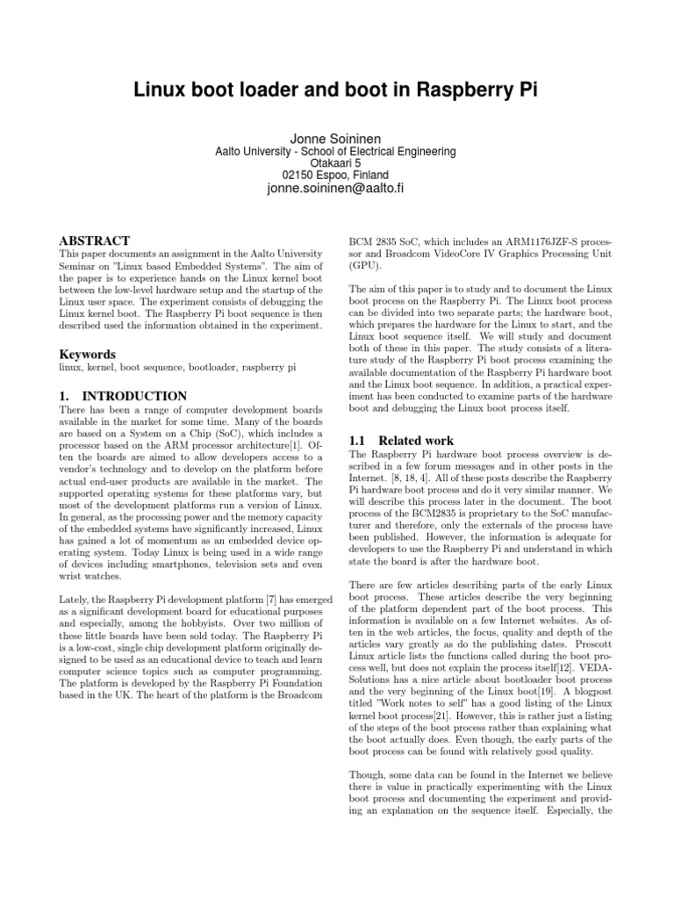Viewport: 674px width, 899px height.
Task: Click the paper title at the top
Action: [336, 92]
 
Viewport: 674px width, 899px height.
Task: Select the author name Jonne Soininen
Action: [336, 138]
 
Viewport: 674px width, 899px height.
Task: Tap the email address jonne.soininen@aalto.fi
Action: [336, 189]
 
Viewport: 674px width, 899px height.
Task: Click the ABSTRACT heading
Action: [94, 241]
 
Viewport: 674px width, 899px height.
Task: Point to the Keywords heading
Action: [86, 355]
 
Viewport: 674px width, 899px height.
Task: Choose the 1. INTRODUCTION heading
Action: [122, 396]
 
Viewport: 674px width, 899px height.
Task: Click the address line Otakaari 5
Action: [336, 163]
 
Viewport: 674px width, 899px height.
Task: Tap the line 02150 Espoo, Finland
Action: [336, 176]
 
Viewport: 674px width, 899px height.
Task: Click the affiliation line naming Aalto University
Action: [336, 151]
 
